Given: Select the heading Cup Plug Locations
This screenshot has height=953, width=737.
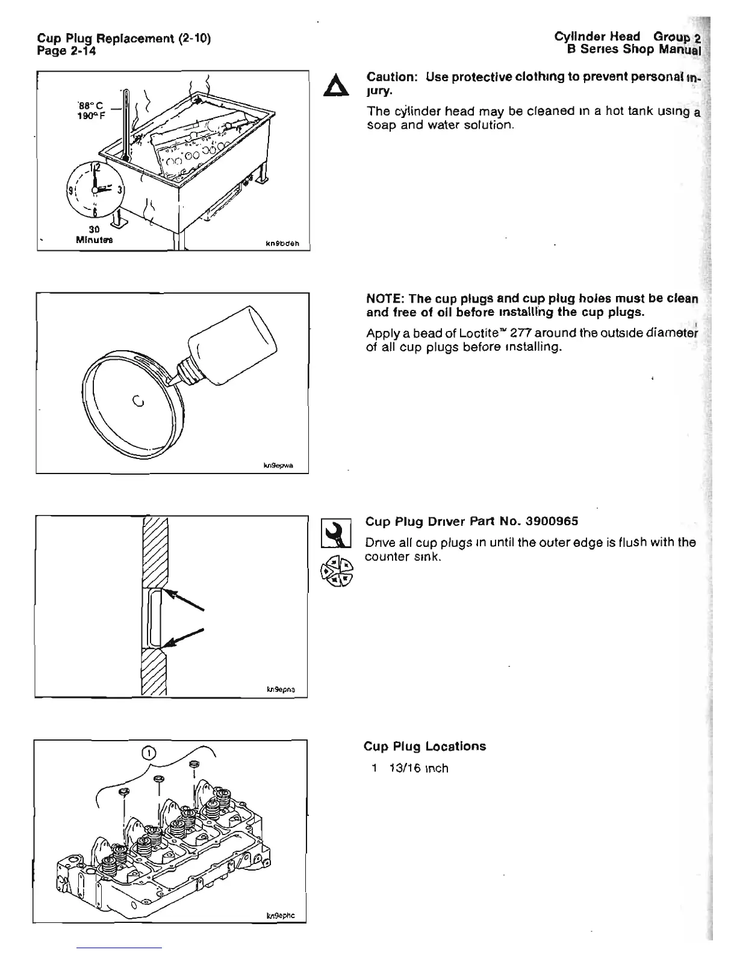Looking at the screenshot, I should click(x=424, y=747).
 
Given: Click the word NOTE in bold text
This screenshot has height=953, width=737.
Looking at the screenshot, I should click(x=383, y=299).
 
